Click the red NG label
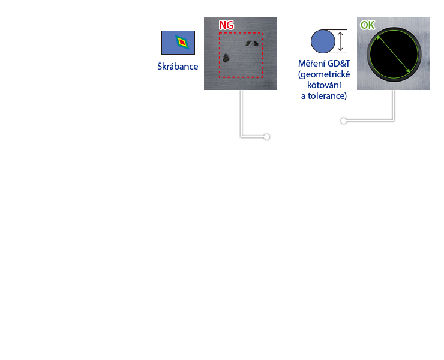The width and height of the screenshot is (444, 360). coord(226,25)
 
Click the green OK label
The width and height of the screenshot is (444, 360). coord(367,25)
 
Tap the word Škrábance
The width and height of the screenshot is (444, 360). coord(178,67)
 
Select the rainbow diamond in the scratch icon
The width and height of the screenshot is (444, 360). coord(181,43)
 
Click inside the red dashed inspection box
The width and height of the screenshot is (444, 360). coord(241,66)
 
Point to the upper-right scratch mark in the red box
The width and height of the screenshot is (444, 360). coord(252,43)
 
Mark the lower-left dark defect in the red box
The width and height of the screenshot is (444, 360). coord(226,58)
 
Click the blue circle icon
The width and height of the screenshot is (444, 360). coord(323,41)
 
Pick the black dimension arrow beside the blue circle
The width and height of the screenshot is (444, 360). coord(341,41)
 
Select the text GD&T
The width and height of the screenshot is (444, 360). coord(339,64)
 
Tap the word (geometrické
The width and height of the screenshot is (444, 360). coord(324,74)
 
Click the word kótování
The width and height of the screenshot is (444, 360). coord(324,85)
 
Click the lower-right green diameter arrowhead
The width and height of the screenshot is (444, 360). coord(409,71)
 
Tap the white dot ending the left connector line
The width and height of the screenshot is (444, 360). coord(266,137)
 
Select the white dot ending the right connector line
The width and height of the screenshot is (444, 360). coord(344,121)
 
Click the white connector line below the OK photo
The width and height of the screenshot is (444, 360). coord(394,105)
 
